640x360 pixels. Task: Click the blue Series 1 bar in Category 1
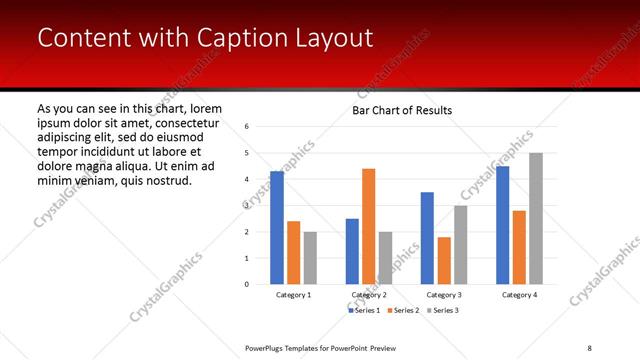coord(277,228)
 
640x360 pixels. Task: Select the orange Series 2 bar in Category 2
coord(369,226)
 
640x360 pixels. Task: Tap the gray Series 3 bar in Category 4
coord(536,218)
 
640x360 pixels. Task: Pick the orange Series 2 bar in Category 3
coord(444,260)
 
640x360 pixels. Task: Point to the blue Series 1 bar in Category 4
coord(502,225)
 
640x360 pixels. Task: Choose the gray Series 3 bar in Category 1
coord(310,258)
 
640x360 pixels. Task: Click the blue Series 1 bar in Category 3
coord(427,238)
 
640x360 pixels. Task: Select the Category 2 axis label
coord(369,295)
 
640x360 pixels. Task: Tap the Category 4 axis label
coord(519,295)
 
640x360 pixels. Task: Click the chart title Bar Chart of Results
coord(402,110)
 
